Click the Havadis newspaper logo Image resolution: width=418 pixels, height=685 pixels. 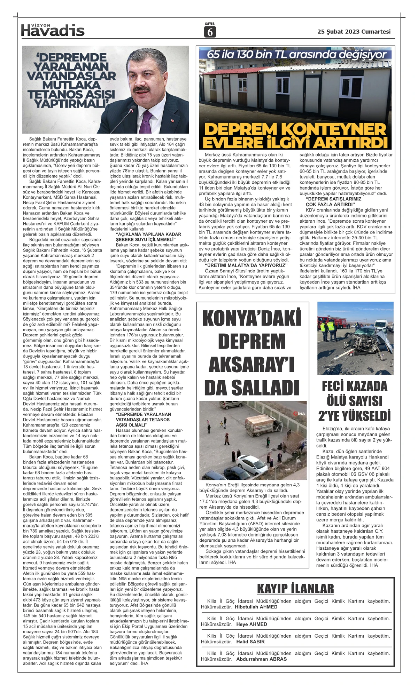pyautogui.click(x=53, y=31)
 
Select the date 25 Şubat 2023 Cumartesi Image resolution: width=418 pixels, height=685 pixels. pyautogui.click(x=354, y=32)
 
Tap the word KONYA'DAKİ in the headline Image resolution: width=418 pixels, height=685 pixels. pyautogui.click(x=251, y=319)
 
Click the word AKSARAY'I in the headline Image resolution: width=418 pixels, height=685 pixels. pyautogui.click(x=251, y=365)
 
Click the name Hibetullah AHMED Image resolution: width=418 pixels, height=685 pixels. pyautogui.click(x=256, y=607)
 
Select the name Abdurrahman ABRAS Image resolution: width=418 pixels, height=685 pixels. pyautogui.click(x=261, y=659)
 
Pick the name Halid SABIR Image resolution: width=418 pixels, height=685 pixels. pyautogui.click(x=250, y=642)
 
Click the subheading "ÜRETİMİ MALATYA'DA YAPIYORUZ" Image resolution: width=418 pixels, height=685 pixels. pyautogui.click(x=246, y=266)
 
